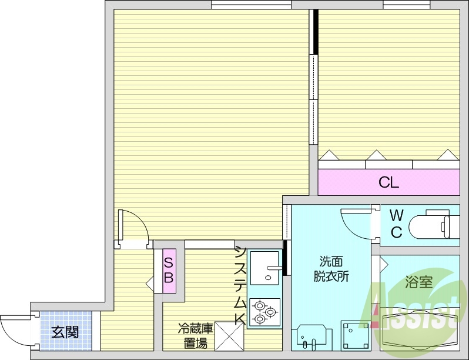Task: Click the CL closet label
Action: (388, 182)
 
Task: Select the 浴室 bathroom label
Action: (418, 282)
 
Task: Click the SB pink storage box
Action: (168, 271)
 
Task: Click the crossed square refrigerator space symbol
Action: (229, 336)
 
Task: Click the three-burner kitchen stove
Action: (264, 312)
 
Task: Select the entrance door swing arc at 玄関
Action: (15, 329)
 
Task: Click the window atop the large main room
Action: (251, 5)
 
